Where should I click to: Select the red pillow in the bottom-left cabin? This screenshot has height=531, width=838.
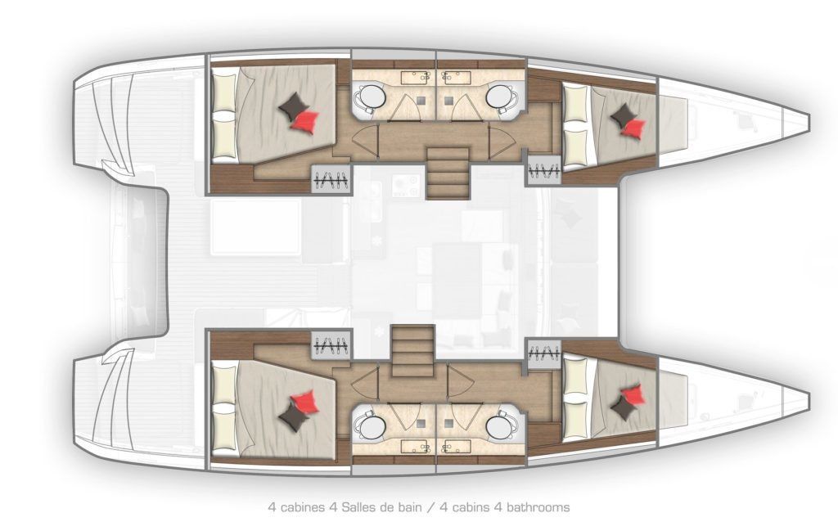(305, 401)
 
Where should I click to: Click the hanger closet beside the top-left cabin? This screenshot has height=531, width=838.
(331, 180)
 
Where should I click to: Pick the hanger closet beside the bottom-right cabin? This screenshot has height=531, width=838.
(543, 353)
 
